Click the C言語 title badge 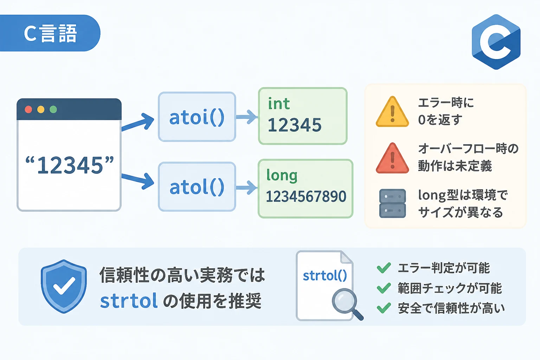click(50, 33)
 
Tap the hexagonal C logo click(496, 42)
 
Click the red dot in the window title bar click(28, 109)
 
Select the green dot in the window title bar click(53, 109)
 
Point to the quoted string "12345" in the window click(69, 165)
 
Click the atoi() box click(197, 117)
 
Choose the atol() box click(197, 187)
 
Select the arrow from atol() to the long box click(246, 188)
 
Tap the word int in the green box click(279, 104)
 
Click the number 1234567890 click(306, 196)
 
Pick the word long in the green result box click(282, 175)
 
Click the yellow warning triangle click(392, 112)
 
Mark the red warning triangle click(392, 158)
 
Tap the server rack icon click(392, 204)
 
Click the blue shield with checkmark click(64, 287)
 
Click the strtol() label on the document click(325, 276)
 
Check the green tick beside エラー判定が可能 click(384, 268)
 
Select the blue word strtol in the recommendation click(129, 301)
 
